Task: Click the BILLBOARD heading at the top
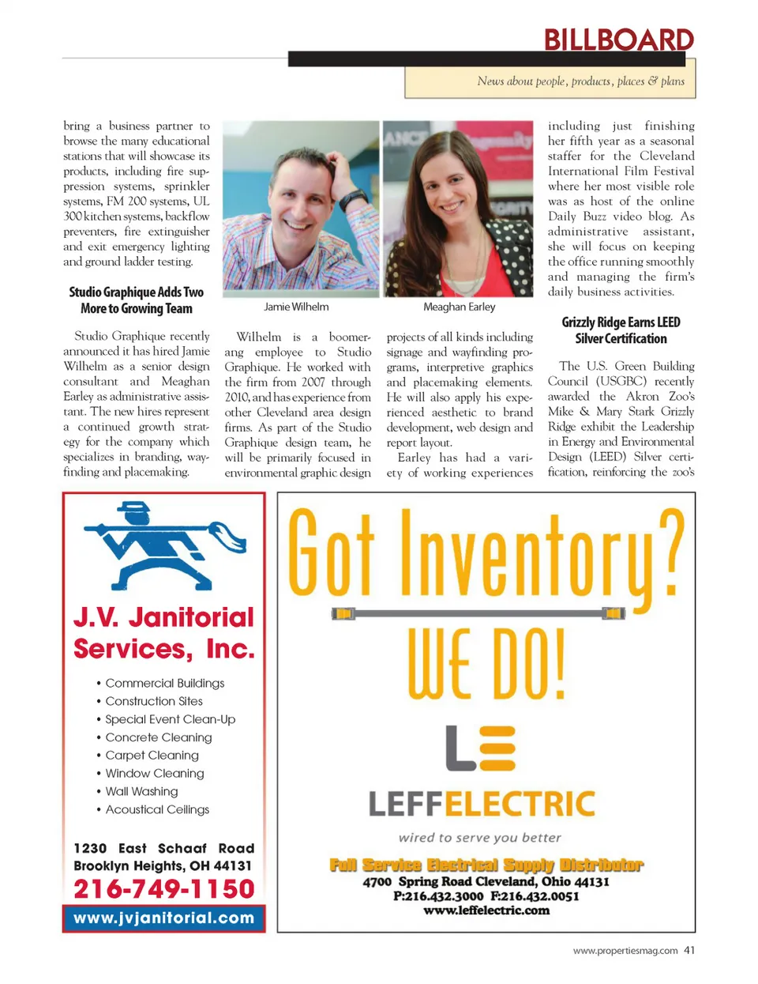point(618,40)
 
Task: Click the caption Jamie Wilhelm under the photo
point(296,307)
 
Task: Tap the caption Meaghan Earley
point(459,307)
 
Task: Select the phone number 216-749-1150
point(164,888)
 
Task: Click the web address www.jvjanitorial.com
point(164,918)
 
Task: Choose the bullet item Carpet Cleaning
point(152,755)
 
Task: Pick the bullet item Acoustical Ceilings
point(157,809)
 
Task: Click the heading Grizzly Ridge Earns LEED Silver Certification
point(621,330)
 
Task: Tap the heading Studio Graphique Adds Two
point(136,292)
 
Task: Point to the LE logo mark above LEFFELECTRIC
point(480,748)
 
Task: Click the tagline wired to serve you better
point(480,837)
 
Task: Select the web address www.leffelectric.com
point(486,910)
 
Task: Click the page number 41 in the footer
point(689,950)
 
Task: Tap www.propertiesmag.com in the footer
point(625,951)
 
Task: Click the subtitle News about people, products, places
point(580,81)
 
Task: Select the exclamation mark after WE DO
point(557,664)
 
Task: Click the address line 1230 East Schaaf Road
point(164,848)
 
